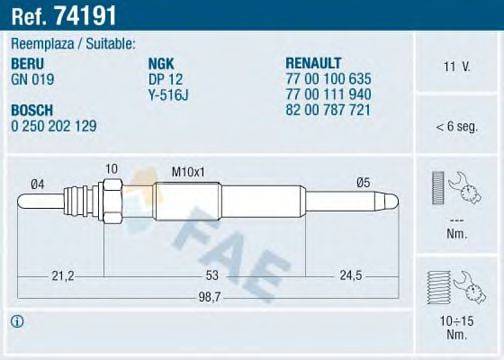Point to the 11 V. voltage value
(x=456, y=68)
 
